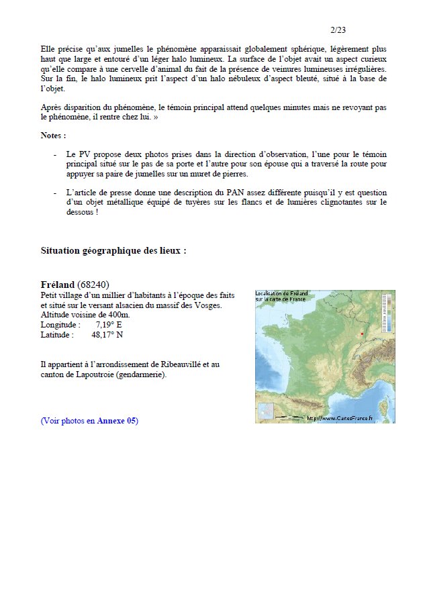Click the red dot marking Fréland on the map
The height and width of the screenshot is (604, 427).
[362, 334]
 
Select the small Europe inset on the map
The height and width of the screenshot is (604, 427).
[266, 411]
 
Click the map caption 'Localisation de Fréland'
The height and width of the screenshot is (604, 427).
[281, 296]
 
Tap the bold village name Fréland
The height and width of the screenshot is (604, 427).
[58, 284]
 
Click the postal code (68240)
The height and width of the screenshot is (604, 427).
[93, 284]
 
